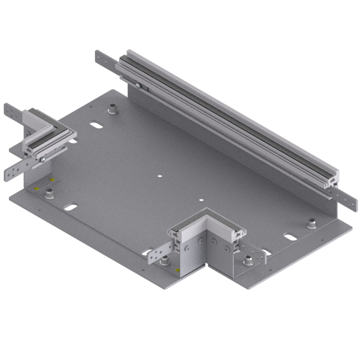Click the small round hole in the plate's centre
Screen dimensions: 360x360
159,176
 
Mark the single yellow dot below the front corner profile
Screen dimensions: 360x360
177,269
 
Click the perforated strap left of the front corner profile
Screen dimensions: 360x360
158,252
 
